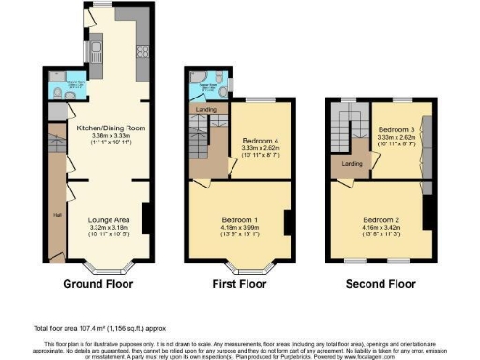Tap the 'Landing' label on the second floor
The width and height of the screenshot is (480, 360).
pyautogui.click(x=352, y=165)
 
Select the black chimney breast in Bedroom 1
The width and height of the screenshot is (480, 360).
pyautogui.click(x=288, y=222)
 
